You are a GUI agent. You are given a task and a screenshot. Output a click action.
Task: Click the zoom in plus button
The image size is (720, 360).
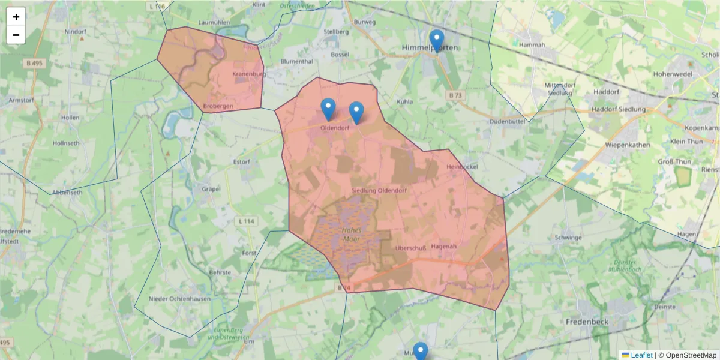click(x=16, y=17)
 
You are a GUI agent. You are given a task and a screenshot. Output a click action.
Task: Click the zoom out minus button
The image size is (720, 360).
click(x=16, y=35)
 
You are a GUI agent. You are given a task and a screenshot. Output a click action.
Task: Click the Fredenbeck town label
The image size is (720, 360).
click(x=587, y=322)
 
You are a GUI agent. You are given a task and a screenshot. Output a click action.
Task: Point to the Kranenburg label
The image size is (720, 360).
click(x=249, y=74)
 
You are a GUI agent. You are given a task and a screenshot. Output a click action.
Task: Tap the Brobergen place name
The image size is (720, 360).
click(x=218, y=106)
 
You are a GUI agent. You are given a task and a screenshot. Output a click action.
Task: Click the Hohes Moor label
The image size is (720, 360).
click(x=350, y=235)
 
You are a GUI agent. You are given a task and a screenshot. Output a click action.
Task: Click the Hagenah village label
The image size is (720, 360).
click(x=444, y=247)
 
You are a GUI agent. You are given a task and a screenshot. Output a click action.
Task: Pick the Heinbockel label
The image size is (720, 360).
click(x=461, y=167)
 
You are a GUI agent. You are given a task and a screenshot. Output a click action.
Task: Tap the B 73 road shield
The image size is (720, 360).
click(x=456, y=95)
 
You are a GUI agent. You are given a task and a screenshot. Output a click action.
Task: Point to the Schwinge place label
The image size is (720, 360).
click(x=569, y=238)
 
